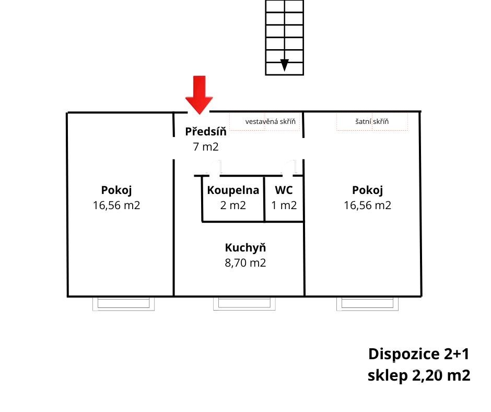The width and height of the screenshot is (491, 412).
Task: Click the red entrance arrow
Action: click(199, 95)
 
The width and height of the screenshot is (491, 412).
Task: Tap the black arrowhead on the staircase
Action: click(284, 65)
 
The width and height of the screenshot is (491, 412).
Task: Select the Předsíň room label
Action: click(206, 132)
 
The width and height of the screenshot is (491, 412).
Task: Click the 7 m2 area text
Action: click(206, 146)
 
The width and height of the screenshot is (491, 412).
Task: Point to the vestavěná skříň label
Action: click(270, 122)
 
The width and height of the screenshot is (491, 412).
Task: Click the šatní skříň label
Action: click(372, 122)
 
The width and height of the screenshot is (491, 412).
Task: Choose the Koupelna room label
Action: click(233, 190)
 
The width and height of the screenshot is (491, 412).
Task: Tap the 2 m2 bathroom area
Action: click(233, 205)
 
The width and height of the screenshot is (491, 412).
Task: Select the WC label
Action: click(284, 190)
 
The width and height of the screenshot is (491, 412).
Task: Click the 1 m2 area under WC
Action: click(284, 205)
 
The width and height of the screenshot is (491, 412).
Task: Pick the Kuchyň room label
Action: click(245, 248)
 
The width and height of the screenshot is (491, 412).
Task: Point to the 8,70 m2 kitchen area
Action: click(245, 263)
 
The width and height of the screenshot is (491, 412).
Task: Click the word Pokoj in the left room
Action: click(116, 190)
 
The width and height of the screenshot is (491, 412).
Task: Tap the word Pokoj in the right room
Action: click(368, 190)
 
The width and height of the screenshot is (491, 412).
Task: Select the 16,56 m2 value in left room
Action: click(116, 205)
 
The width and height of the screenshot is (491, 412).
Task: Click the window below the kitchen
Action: click(244, 304)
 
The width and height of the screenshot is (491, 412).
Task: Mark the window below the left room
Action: click(123, 304)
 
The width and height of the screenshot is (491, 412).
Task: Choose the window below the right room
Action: click(367, 304)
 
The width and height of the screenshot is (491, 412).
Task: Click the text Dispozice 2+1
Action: click(419, 354)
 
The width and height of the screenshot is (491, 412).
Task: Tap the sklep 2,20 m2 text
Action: click(419, 375)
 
